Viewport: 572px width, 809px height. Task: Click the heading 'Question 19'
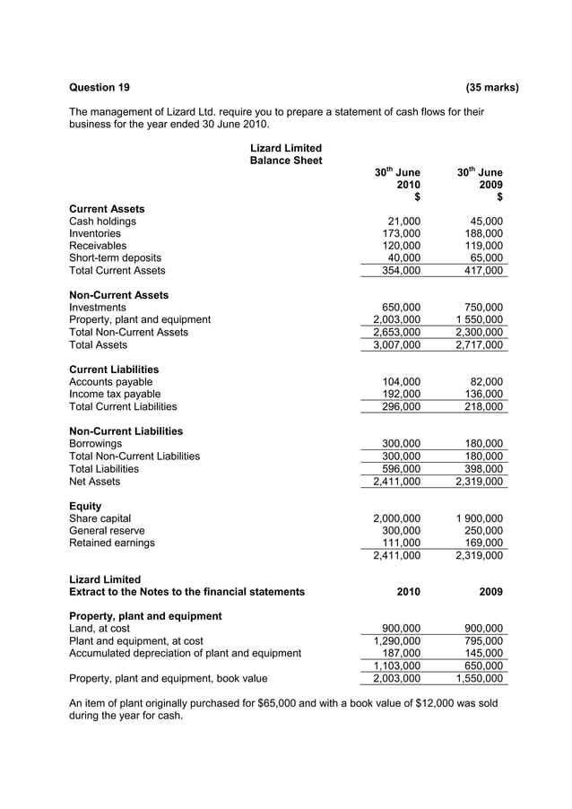coord(100,87)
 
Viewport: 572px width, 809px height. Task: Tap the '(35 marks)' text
coord(492,87)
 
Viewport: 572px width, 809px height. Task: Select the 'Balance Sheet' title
coord(285,161)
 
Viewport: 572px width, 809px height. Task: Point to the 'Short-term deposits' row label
coord(115,258)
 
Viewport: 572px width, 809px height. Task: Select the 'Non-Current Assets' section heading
coord(118,295)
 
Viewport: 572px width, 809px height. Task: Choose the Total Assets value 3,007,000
coord(396,345)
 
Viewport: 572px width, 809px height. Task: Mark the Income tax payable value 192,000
coord(402,394)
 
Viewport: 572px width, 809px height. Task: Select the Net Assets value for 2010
coord(396,482)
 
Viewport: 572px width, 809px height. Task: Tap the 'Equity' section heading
coord(85,506)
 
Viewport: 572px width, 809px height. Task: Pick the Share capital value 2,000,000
coord(396,518)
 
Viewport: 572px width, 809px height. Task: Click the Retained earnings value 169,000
coord(485,543)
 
